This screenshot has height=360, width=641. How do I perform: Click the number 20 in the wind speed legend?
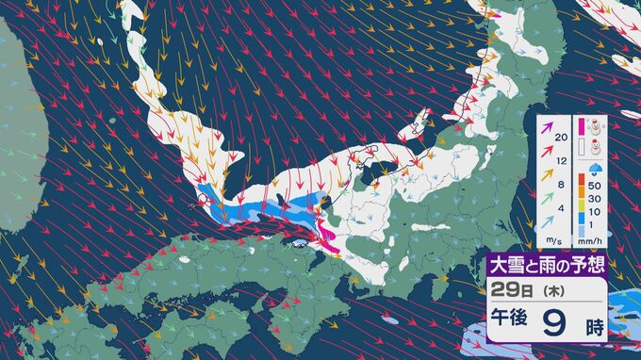pos(563,139)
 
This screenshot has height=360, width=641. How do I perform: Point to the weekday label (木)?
pos(544,287)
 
